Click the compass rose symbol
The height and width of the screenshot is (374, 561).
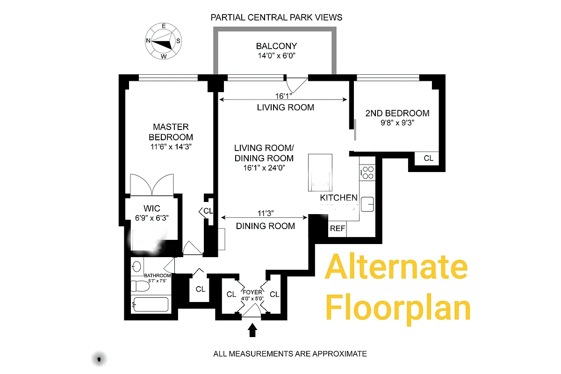[x=163, y=41]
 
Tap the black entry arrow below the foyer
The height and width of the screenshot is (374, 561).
[x=252, y=330]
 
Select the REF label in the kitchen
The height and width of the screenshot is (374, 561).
[x=337, y=229]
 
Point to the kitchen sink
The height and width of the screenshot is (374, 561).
[x=367, y=204]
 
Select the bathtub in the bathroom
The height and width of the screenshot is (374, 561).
[x=150, y=305]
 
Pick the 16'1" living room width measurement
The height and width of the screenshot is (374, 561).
[x=283, y=96]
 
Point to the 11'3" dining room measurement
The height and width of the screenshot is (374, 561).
[x=265, y=214]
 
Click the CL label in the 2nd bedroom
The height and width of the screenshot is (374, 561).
[x=428, y=158]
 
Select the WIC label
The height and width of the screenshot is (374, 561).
[x=151, y=208]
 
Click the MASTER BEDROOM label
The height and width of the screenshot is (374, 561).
[x=171, y=132]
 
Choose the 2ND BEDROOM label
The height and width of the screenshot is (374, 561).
[x=397, y=113]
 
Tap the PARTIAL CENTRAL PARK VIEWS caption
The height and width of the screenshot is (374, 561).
[x=276, y=17]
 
